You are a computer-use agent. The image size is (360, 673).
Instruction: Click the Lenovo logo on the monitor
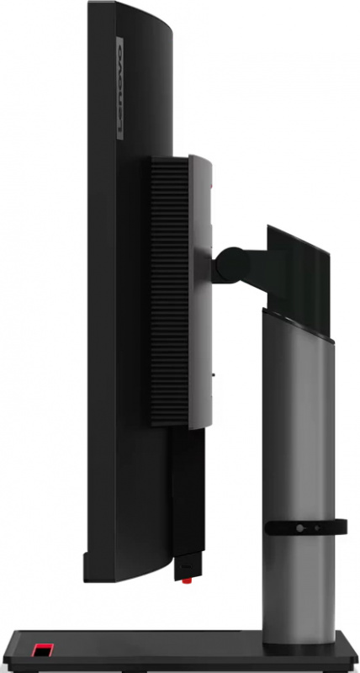tap(119, 88)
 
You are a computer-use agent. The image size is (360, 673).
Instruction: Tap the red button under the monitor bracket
tap(187, 581)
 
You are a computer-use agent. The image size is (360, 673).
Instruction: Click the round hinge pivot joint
tap(231, 265)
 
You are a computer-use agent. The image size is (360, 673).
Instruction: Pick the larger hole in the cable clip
tap(300, 528)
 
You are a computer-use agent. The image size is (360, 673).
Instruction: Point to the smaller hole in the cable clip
tap(317, 527)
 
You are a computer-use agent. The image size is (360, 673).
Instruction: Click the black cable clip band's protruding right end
tap(341, 527)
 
